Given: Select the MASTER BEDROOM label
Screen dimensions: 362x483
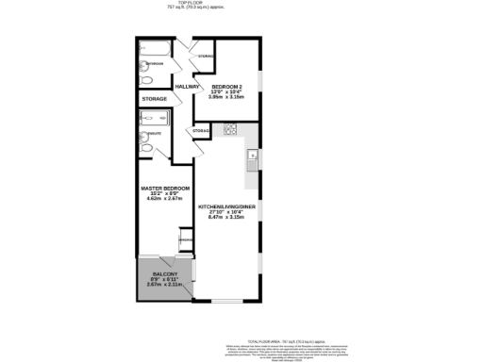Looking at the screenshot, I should point(164,189).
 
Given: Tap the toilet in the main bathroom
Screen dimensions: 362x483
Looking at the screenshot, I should point(145,78).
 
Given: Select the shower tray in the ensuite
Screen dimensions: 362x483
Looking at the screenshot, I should point(156,119).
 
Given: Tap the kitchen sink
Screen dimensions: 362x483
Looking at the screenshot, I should point(252,156).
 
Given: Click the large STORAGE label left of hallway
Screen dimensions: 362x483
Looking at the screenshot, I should point(155,99).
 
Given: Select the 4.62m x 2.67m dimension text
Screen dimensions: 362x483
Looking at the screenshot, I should point(164,199).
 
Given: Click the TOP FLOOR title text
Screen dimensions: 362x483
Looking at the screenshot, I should point(241,4).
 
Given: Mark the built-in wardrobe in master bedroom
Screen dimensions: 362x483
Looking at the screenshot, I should point(187,243).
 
